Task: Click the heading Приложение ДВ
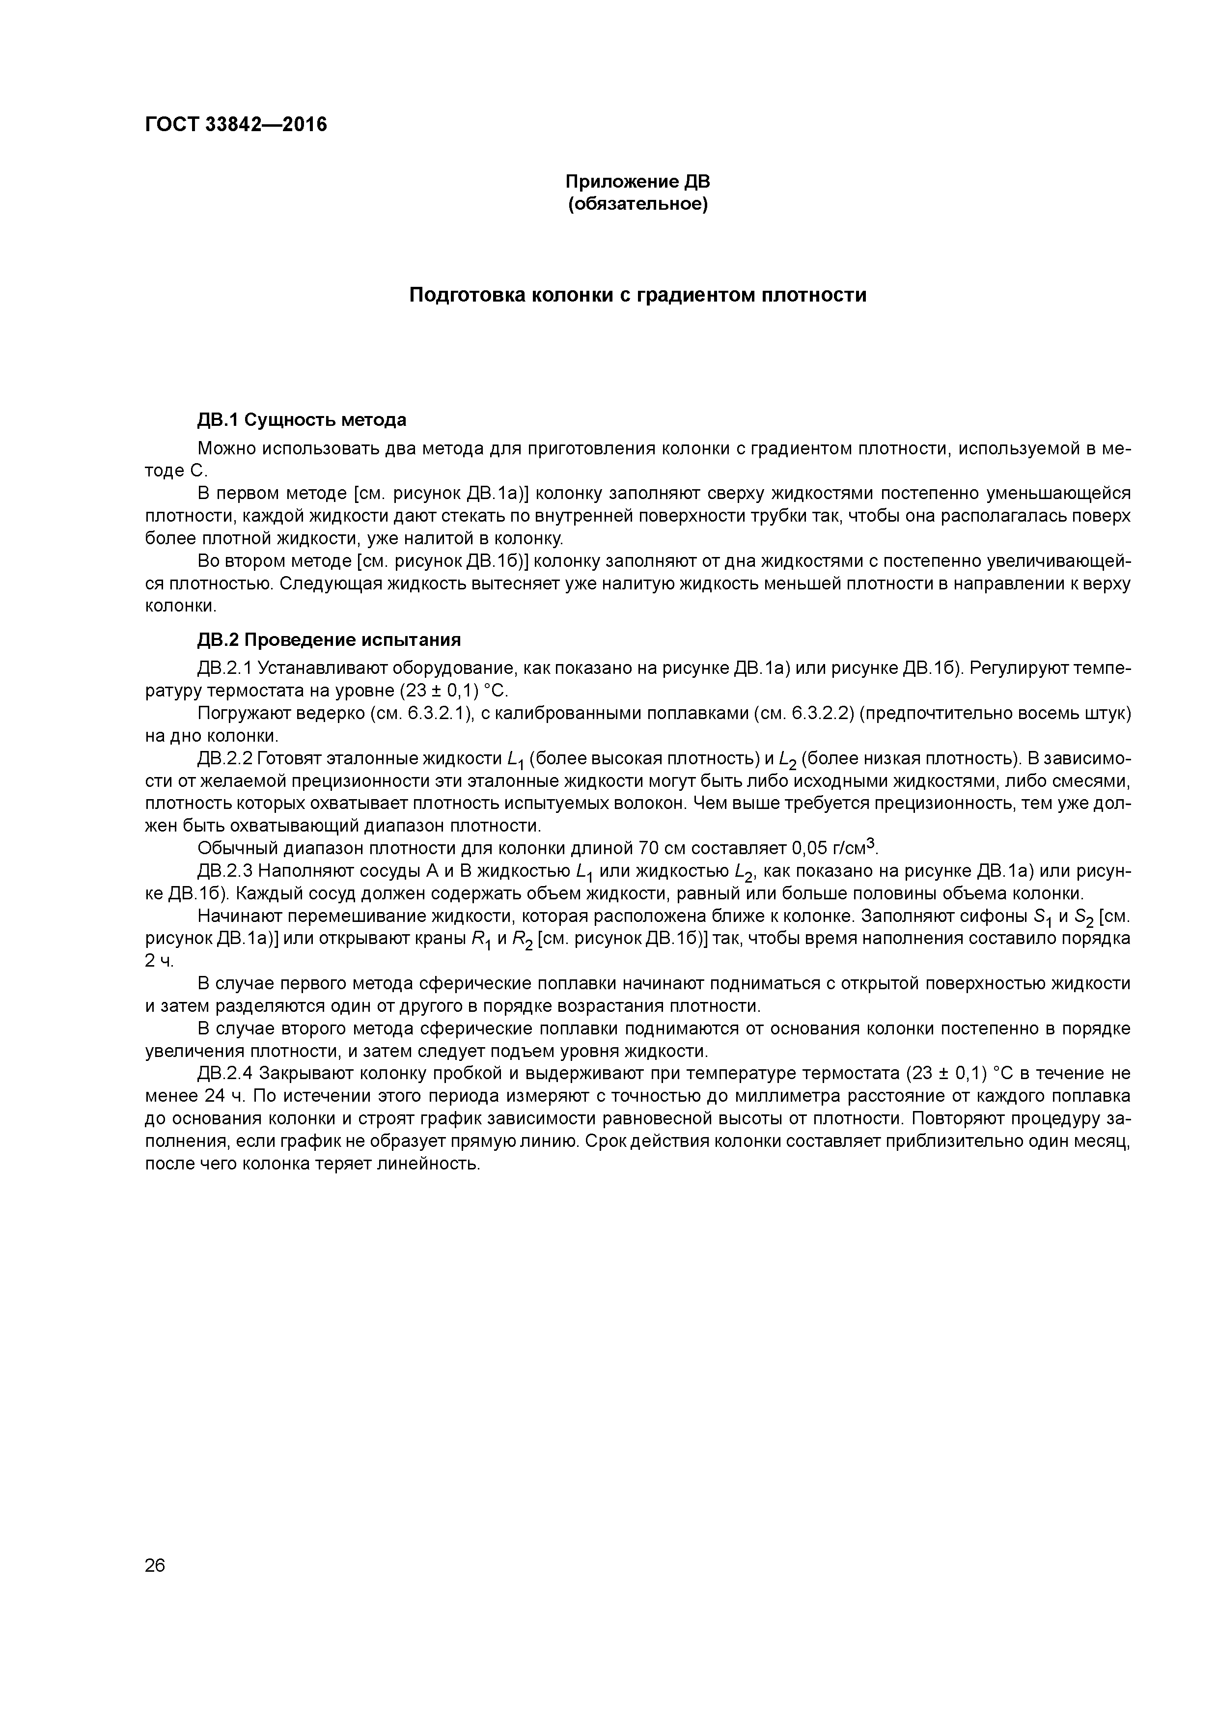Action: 637,182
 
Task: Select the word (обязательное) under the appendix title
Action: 637,204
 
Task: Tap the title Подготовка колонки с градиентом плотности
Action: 637,295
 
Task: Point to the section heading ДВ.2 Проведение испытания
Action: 328,639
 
